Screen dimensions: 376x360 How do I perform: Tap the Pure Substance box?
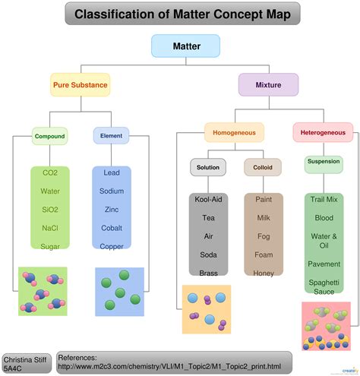tap(80, 84)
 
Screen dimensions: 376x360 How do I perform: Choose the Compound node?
tap(49, 137)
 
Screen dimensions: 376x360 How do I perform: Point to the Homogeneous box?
tap(234, 132)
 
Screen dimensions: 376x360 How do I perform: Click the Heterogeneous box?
tap(324, 132)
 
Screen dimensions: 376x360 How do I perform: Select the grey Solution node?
tap(208, 166)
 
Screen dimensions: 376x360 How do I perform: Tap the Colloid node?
tap(262, 166)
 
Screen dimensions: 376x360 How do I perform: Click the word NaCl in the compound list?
tap(50, 227)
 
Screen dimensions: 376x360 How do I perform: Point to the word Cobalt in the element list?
tap(112, 227)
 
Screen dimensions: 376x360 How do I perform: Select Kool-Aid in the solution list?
tap(208, 199)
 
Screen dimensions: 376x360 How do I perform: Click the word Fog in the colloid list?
tap(263, 235)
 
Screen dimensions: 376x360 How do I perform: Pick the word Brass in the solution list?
tap(208, 273)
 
